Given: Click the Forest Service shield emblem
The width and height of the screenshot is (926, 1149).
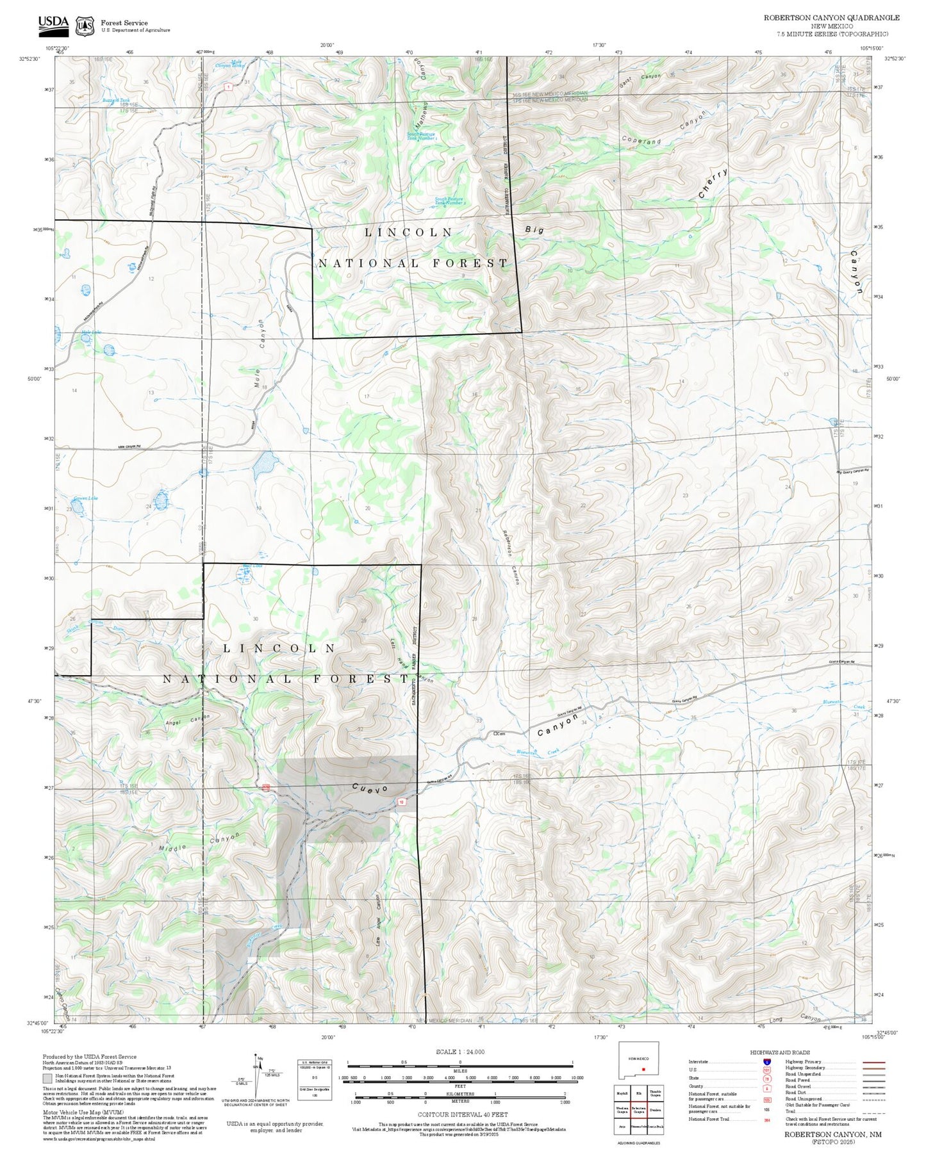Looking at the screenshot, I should click(x=85, y=26).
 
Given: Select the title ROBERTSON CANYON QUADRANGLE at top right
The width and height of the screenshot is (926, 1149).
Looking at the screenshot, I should click(x=831, y=18).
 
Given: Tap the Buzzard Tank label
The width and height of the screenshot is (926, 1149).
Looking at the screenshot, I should click(x=116, y=101).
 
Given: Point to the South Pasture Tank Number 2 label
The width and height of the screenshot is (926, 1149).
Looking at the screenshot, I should click(x=450, y=201).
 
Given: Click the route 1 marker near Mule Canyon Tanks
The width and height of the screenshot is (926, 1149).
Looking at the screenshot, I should click(x=227, y=86).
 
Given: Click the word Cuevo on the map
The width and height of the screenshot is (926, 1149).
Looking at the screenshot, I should click(x=370, y=789).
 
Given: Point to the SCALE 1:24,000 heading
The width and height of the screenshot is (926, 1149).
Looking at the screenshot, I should click(x=459, y=1052).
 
